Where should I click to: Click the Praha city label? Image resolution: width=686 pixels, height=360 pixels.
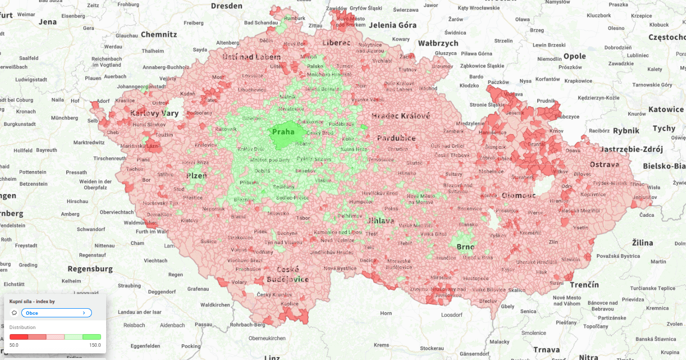283,132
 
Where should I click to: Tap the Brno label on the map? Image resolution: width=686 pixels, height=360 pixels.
465,247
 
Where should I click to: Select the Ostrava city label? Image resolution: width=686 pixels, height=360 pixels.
604,165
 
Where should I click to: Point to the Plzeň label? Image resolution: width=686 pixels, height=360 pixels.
197,176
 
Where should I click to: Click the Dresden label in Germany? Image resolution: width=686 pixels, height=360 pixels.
226,6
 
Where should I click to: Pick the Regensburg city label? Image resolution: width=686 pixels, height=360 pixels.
90,269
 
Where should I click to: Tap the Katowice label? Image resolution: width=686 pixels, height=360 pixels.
666,109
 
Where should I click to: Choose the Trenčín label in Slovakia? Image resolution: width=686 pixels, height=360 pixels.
584,285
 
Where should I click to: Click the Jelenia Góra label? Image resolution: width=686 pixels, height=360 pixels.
393,25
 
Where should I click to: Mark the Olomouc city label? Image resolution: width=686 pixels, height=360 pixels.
518,195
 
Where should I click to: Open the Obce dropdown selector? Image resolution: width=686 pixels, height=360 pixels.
56,313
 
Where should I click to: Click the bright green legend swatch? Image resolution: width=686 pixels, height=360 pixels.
92,337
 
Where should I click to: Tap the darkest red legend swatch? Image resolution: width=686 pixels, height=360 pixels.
18,337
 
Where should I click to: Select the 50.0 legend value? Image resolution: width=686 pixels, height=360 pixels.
14,345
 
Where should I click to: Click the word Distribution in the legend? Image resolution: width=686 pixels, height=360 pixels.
23,328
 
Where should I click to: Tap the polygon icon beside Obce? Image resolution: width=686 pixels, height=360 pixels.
14,313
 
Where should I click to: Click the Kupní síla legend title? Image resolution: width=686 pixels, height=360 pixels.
32,302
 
